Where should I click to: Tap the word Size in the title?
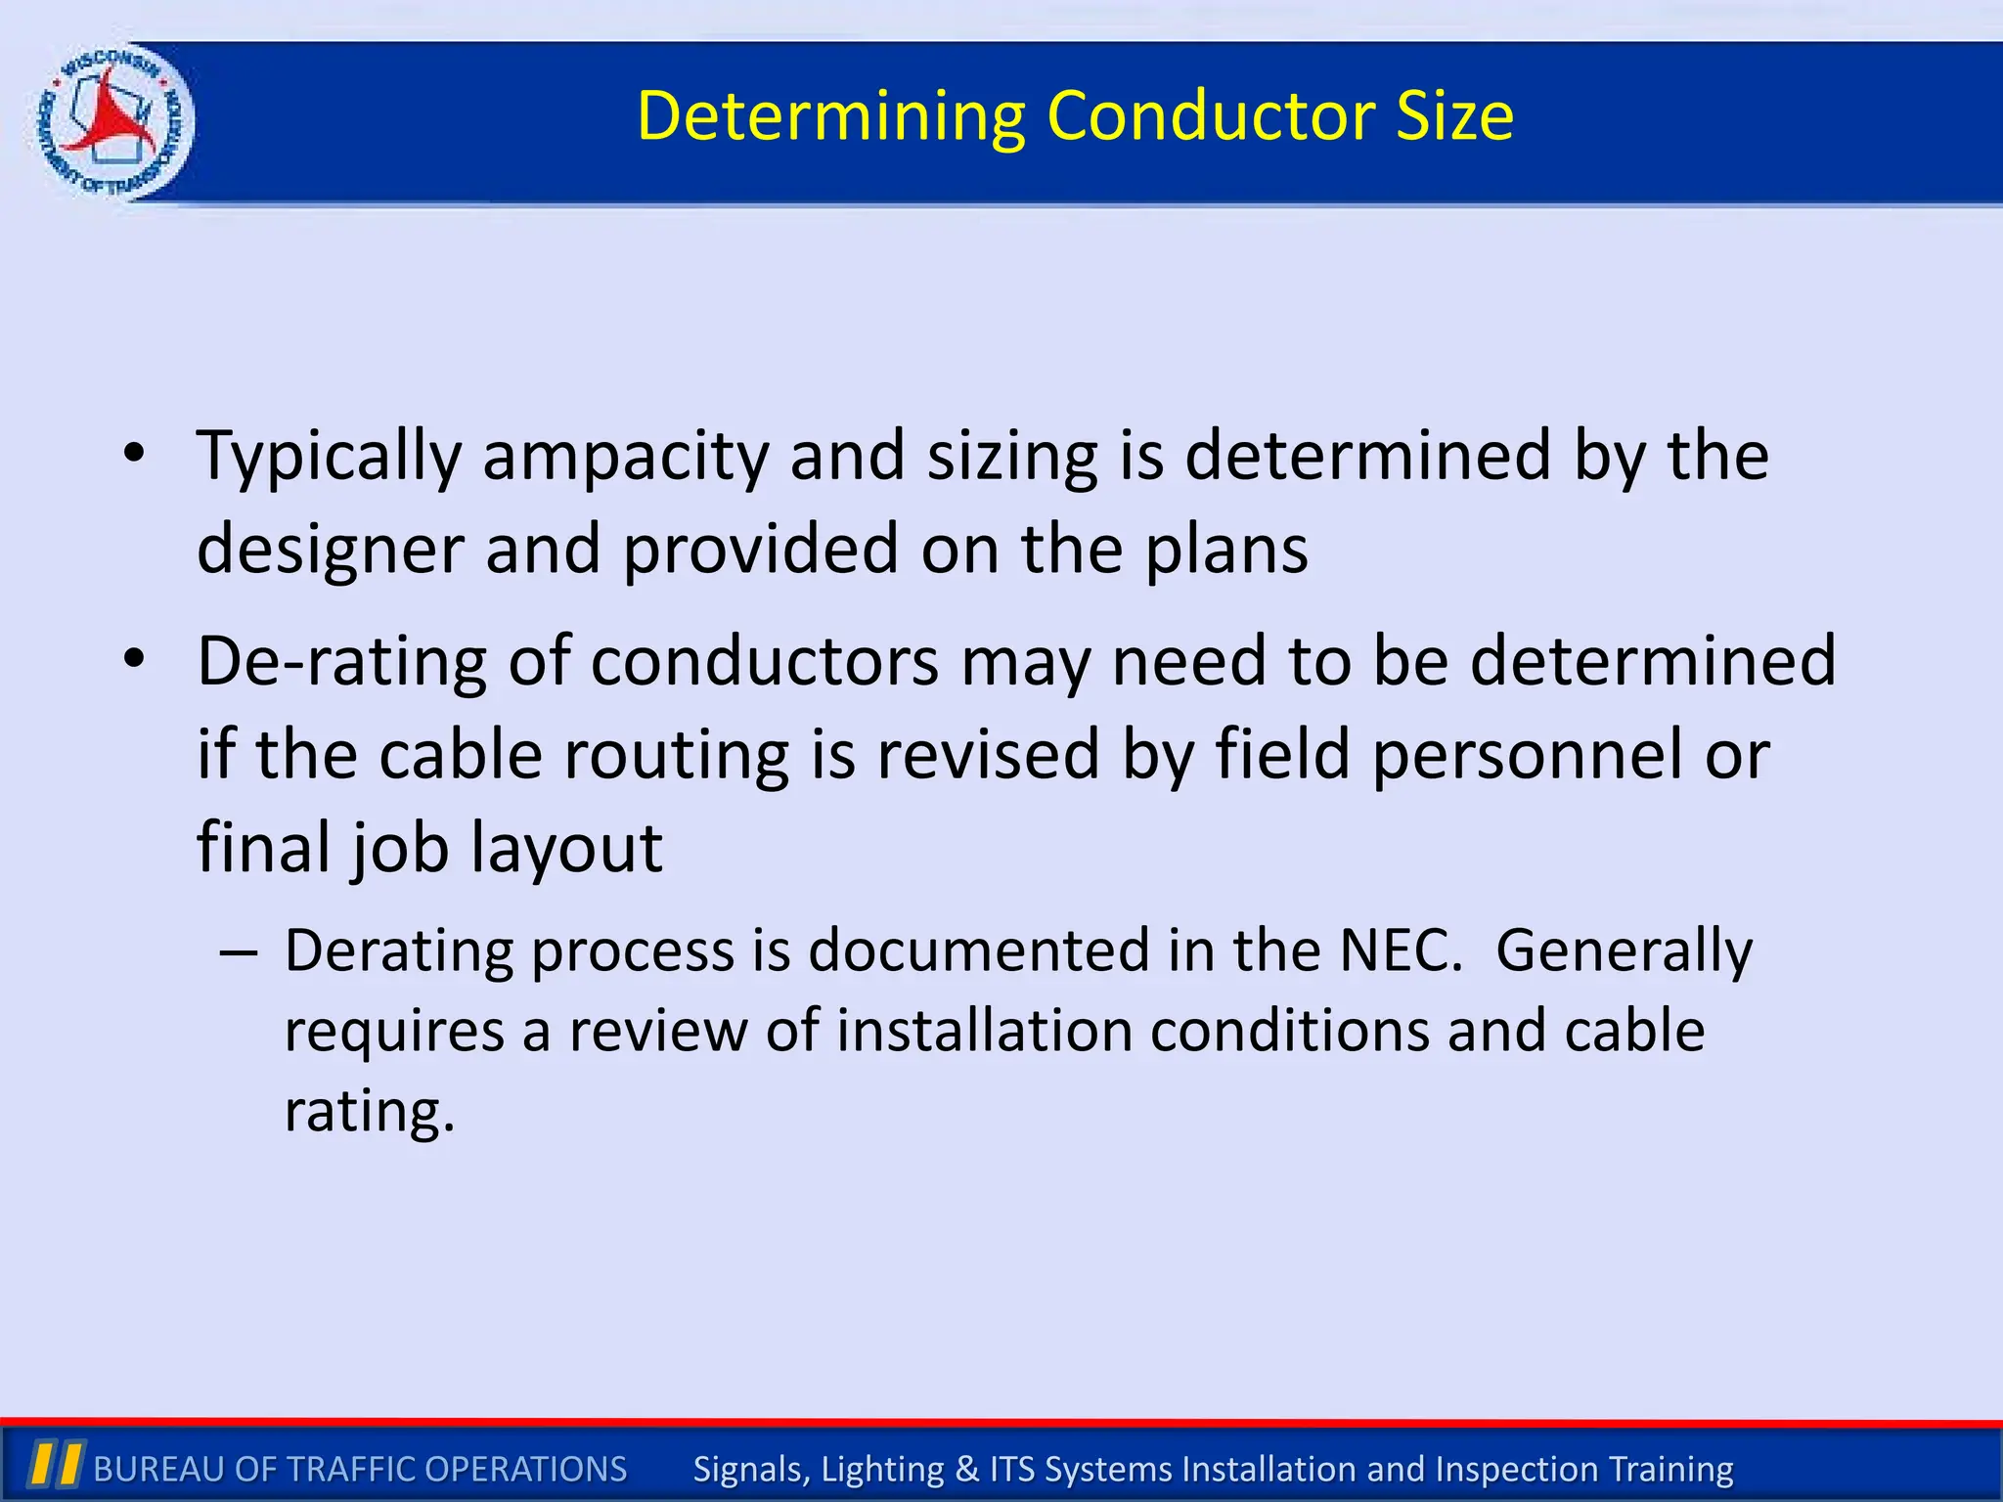pos(1454,115)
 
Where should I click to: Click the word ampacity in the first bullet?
pos(626,458)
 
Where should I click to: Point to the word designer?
pos(330,550)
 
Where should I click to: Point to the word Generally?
pos(1624,950)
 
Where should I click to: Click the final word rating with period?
pos(370,1112)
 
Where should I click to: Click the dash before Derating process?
pos(239,951)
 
